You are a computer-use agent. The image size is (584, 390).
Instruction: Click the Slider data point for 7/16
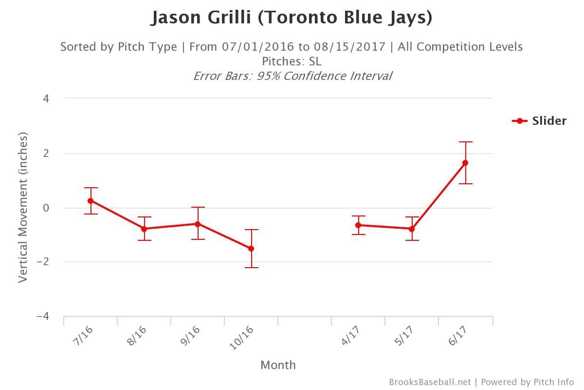[x=91, y=201]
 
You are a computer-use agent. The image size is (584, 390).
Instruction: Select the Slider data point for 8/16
[x=144, y=229]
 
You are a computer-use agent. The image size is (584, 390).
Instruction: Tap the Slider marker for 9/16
[x=198, y=224]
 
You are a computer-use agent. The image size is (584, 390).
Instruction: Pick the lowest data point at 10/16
[x=251, y=249]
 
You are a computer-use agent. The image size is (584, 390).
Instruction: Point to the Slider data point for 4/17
[x=358, y=225]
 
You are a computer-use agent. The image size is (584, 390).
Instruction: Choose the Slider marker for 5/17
[x=412, y=229]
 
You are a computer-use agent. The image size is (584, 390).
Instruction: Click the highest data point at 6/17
[x=465, y=163]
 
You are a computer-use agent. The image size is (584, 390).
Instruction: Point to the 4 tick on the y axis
[x=46, y=98]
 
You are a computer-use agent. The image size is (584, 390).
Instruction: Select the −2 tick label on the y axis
[x=43, y=262]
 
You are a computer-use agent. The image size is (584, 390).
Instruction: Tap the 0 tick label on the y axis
[x=46, y=208]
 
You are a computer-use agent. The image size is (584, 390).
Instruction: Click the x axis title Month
[x=278, y=365]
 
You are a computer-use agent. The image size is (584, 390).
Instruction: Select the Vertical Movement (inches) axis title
[x=22, y=207]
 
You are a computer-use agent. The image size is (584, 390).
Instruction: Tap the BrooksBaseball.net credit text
[x=430, y=382]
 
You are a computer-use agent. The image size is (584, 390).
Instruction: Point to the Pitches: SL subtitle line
[x=292, y=61]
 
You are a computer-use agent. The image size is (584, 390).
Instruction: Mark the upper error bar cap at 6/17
[x=465, y=142]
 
